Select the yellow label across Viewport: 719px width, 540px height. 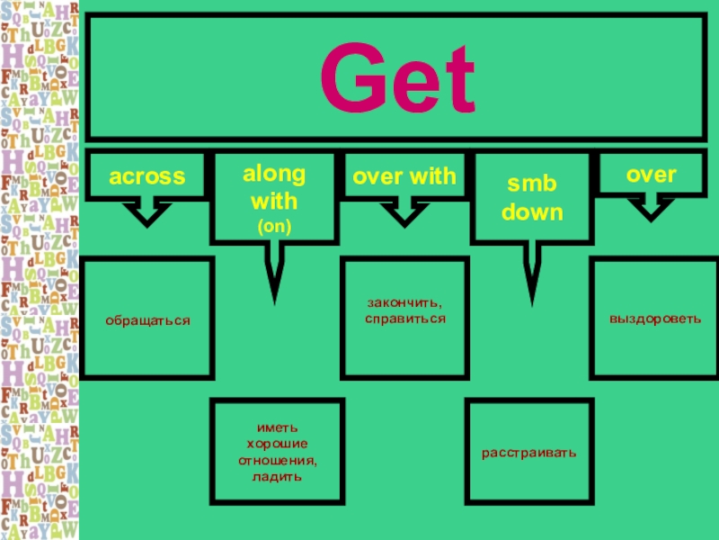click(147, 176)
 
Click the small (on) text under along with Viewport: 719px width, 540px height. click(274, 228)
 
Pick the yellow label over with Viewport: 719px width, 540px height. click(404, 176)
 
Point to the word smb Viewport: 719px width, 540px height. click(532, 184)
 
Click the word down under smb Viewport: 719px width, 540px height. click(532, 213)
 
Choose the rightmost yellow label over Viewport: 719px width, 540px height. click(652, 175)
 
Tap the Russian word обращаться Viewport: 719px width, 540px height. click(148, 319)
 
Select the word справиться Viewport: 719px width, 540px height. click(405, 319)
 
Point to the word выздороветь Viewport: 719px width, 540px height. click(654, 319)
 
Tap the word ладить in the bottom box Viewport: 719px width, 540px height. click(277, 476)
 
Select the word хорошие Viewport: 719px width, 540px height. click(277, 445)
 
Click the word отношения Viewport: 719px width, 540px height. click(277, 460)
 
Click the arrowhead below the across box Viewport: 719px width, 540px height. click(147, 215)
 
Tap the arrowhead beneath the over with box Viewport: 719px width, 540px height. click(404, 215)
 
